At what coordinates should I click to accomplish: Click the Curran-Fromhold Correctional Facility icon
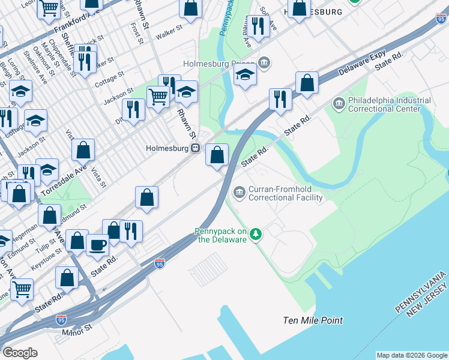point(240,192)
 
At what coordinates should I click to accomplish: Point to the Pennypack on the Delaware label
point(220,235)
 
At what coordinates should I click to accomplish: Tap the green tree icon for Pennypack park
point(256,233)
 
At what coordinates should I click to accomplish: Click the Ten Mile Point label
point(313,320)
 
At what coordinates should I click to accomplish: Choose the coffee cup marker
point(98,244)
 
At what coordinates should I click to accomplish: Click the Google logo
point(19,353)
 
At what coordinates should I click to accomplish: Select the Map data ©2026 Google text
point(412,355)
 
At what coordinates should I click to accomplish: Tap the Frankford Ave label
point(76,22)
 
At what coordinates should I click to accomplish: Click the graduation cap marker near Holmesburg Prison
point(246,75)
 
